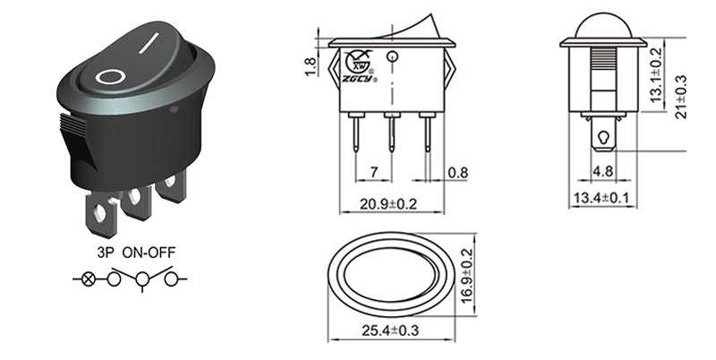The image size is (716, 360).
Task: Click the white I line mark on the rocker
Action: pos(155,41)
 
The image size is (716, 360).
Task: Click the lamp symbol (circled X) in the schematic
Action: pos(88,280)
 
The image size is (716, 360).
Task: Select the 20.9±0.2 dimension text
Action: pos(388,203)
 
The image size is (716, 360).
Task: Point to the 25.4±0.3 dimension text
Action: pos(388,331)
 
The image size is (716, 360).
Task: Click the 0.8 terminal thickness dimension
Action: pos(456,170)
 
